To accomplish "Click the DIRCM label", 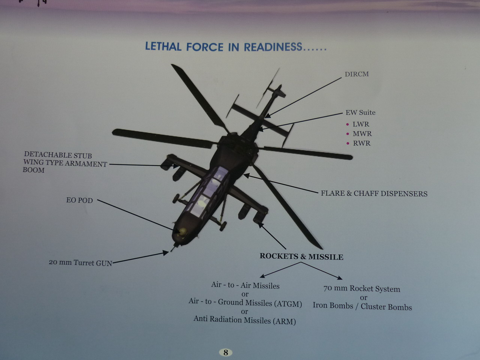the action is [x=357, y=74].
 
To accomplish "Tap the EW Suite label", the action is [x=360, y=112].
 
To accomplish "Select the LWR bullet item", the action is [x=361, y=124].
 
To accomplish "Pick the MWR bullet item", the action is [x=362, y=133].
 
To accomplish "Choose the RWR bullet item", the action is [x=362, y=143].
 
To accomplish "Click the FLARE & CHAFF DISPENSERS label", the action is [x=374, y=193].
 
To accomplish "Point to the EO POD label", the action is [x=79, y=200].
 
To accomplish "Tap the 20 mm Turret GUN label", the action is [x=81, y=262].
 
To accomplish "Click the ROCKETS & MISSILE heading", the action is [x=301, y=256].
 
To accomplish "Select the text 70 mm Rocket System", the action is [x=362, y=288].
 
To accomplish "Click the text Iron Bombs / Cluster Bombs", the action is [x=362, y=306].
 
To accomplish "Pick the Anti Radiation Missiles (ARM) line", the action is [x=245, y=320].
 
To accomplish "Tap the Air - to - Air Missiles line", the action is [x=245, y=285].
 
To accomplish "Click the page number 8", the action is [x=226, y=352].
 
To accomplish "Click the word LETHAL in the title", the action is [x=163, y=46].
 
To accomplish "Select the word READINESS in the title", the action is [x=273, y=47].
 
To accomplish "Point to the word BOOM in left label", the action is [x=34, y=170].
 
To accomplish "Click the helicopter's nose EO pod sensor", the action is [x=183, y=232].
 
